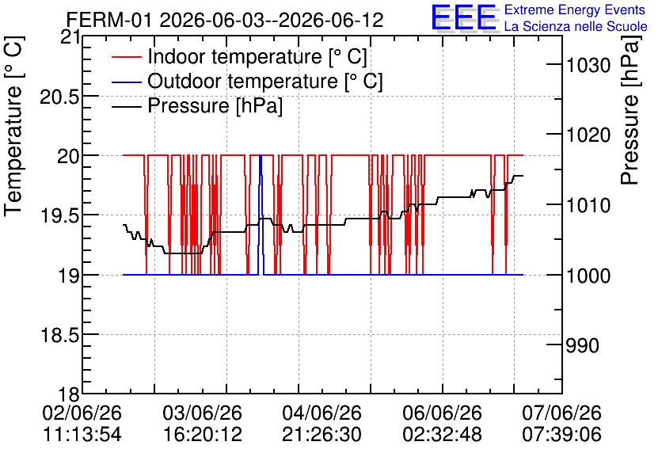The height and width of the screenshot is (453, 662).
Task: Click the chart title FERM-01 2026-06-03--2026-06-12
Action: [225, 20]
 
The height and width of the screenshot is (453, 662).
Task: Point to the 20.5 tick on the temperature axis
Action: [59, 97]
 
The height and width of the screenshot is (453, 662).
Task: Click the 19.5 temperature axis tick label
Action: [59, 216]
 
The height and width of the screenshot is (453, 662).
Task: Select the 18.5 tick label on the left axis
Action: [59, 336]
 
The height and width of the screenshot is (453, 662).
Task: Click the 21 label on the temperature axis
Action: [70, 37]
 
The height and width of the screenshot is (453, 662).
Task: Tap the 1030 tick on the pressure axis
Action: [588, 66]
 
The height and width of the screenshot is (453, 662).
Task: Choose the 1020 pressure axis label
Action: [588, 135]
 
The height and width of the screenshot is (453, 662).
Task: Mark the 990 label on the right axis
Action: [582, 345]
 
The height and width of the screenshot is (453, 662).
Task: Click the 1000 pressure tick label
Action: [588, 276]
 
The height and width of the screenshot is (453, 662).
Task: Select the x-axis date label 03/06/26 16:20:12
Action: [203, 424]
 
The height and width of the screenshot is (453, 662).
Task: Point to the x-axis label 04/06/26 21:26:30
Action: [322, 424]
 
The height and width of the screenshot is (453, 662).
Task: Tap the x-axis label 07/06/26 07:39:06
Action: [562, 424]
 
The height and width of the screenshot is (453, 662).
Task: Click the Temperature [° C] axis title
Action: [13, 126]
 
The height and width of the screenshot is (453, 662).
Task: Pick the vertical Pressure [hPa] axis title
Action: [630, 109]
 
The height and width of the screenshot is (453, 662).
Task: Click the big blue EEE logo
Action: [464, 18]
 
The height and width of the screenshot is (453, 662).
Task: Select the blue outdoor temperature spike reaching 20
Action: [261, 215]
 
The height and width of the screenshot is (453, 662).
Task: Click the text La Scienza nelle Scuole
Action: [576, 27]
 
